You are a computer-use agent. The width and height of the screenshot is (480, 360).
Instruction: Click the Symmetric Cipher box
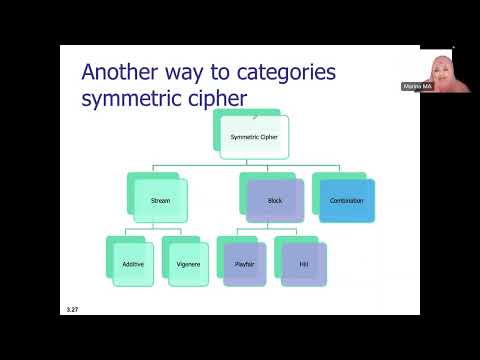tap(252, 136)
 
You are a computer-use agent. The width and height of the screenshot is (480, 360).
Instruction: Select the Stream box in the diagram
tap(160, 200)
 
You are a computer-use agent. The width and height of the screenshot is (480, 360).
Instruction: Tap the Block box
tap(276, 200)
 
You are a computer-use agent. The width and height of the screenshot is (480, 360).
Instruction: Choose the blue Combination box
tap(346, 200)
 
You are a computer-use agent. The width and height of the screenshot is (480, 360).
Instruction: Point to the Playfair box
tap(245, 264)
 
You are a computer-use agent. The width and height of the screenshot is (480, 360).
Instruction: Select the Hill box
tap(303, 264)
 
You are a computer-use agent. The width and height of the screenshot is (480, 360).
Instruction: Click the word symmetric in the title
tap(138, 99)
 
